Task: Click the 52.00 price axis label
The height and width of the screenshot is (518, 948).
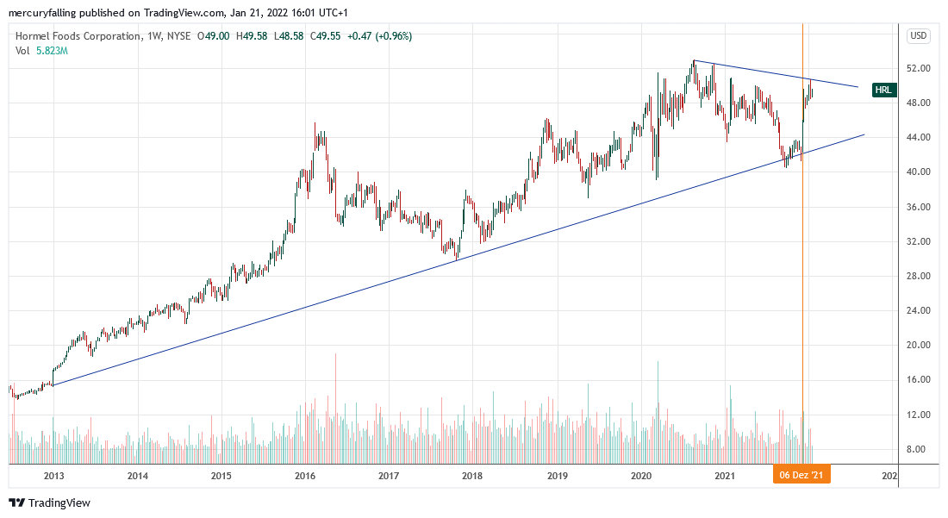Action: pyautogui.click(x=917, y=68)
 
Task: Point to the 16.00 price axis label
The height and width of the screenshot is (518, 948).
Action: pyautogui.click(x=917, y=379)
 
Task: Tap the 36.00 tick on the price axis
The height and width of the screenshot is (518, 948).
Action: pyautogui.click(x=917, y=207)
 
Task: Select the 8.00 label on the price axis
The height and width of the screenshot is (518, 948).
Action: pyautogui.click(x=917, y=449)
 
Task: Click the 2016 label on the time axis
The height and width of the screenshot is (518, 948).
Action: pyautogui.click(x=304, y=475)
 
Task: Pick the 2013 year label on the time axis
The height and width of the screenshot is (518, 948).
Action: pyautogui.click(x=53, y=475)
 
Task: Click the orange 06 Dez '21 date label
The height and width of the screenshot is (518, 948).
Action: pyautogui.click(x=801, y=475)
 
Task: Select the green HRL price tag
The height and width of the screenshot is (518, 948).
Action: pyautogui.click(x=884, y=90)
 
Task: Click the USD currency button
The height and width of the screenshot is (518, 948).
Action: pyautogui.click(x=918, y=36)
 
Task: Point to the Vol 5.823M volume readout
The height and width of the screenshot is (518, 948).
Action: pyautogui.click(x=41, y=51)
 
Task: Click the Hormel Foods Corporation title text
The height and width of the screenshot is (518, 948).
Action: pyautogui.click(x=78, y=36)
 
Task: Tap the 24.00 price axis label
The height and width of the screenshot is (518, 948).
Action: pyautogui.click(x=917, y=310)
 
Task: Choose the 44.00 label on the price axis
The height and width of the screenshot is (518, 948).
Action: pyautogui.click(x=917, y=137)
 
